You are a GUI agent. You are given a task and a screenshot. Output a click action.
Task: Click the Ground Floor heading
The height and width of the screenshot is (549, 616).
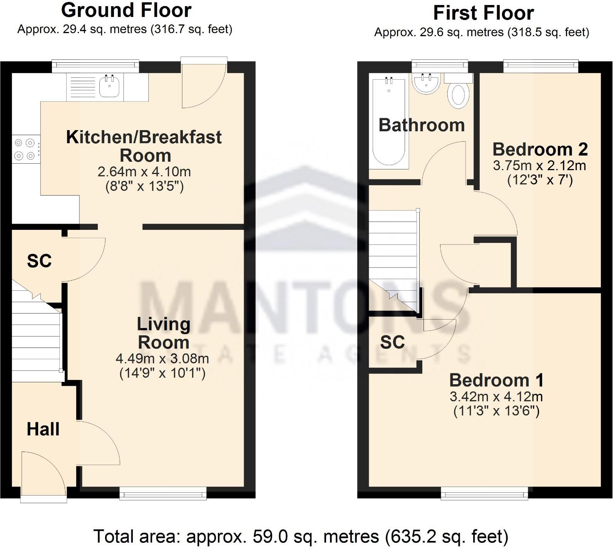[126, 10]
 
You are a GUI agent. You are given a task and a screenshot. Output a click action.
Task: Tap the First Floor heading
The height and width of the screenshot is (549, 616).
[483, 13]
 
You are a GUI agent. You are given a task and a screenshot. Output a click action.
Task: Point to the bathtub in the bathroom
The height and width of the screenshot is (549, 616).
[388, 123]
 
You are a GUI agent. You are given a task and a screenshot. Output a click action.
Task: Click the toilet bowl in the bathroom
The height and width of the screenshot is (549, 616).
[458, 95]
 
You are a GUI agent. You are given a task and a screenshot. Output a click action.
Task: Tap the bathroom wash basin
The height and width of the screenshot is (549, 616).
[426, 84]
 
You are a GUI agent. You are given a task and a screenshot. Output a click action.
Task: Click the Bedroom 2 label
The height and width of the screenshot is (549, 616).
[540, 149]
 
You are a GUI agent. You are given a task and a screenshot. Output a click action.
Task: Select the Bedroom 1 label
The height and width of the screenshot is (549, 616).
[496, 380]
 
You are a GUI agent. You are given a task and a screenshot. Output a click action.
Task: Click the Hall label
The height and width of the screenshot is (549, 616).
[43, 429]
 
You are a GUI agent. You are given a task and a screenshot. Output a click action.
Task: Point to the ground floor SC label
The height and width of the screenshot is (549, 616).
[39, 261]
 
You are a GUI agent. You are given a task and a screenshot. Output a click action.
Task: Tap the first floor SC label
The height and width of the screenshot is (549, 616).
[392, 342]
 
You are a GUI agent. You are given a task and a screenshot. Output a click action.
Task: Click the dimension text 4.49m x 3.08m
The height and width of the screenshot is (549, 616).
[162, 359]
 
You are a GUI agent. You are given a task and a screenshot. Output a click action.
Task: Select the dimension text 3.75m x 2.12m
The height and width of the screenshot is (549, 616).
[539, 166]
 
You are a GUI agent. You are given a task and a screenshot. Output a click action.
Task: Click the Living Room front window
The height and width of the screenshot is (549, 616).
[163, 493]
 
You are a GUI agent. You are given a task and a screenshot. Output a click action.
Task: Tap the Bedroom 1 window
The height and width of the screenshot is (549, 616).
[484, 493]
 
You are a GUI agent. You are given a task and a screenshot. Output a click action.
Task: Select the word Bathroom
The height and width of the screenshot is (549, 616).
[422, 126]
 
